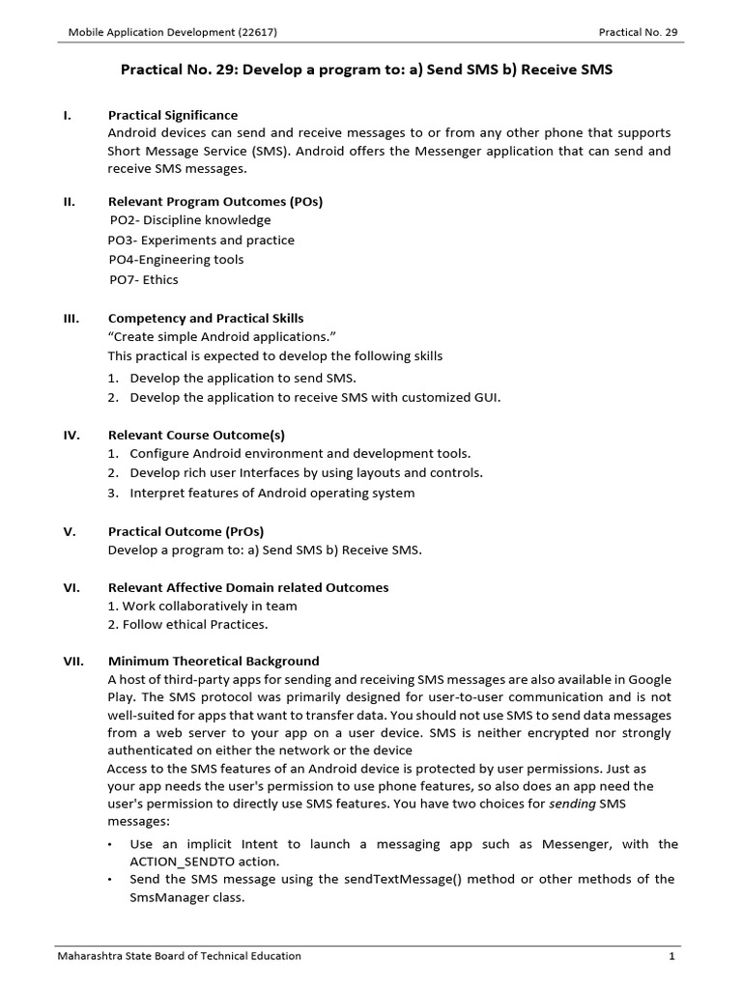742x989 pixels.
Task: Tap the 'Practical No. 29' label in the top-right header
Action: tap(638, 32)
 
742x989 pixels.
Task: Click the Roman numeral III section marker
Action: tap(71, 318)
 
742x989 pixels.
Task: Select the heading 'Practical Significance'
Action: tap(172, 115)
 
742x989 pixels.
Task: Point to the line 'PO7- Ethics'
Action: tap(144, 280)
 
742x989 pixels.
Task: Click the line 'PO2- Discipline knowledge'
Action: tap(190, 220)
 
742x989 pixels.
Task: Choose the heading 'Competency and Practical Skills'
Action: tap(205, 318)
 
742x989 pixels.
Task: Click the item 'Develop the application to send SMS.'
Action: tap(249, 378)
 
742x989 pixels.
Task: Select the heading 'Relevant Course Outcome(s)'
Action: tap(196, 435)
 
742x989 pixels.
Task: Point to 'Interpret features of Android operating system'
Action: tap(271, 493)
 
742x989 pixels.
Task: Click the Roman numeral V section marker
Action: tap(70, 531)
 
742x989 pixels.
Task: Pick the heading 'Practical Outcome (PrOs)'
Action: tap(185, 531)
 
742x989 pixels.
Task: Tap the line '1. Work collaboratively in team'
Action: tap(203, 606)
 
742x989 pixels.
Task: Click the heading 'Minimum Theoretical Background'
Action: tap(214, 661)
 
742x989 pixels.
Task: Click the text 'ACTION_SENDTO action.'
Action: tap(204, 861)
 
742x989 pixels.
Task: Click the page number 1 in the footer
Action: tap(671, 956)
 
